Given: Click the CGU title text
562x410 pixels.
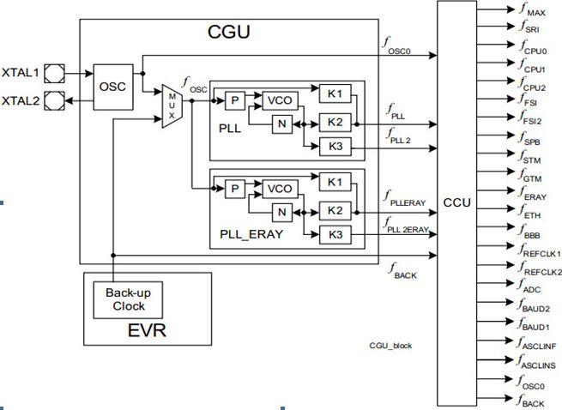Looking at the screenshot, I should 228,33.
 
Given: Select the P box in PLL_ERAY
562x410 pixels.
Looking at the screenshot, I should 233,187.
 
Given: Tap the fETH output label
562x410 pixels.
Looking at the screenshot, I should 531,212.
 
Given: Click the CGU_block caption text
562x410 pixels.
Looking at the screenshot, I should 390,344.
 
